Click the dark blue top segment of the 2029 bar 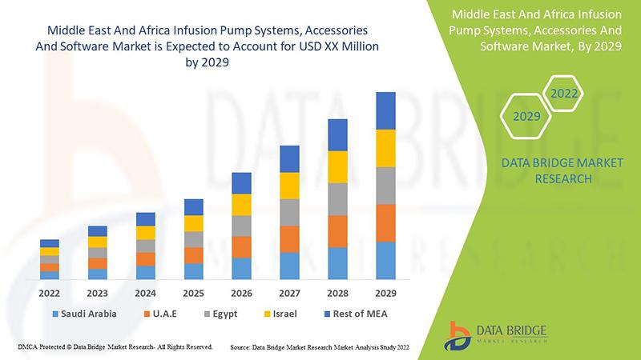[x=386, y=110]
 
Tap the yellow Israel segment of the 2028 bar [x=338, y=166]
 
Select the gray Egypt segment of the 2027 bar [x=290, y=212]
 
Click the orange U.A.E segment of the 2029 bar [x=386, y=223]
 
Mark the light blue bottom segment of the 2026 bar [x=242, y=268]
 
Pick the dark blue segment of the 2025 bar [x=194, y=207]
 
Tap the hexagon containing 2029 [x=526, y=117]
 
